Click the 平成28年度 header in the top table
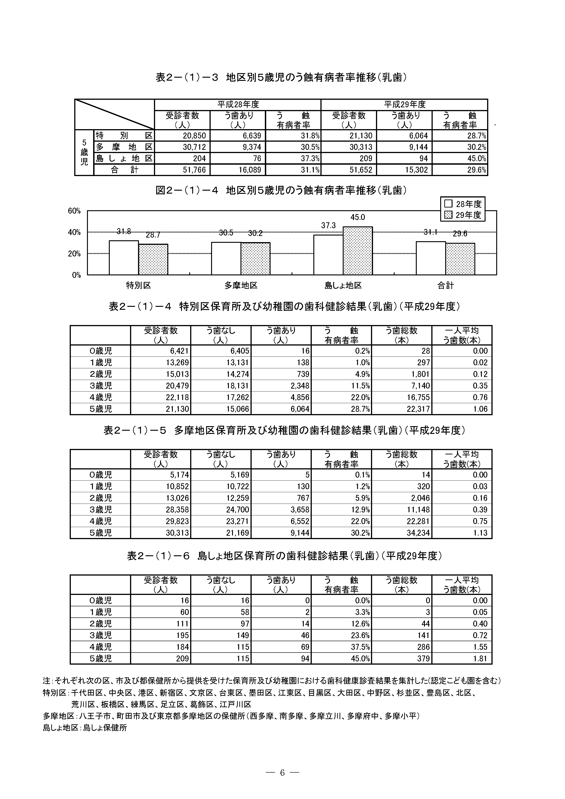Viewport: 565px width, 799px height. pos(238,104)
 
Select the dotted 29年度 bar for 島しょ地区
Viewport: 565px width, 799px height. pos(358,251)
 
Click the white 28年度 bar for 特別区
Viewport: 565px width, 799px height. pos(124,258)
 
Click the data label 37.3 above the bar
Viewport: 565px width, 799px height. pos(328,225)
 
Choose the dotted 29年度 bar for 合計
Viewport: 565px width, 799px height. pos(460,259)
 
